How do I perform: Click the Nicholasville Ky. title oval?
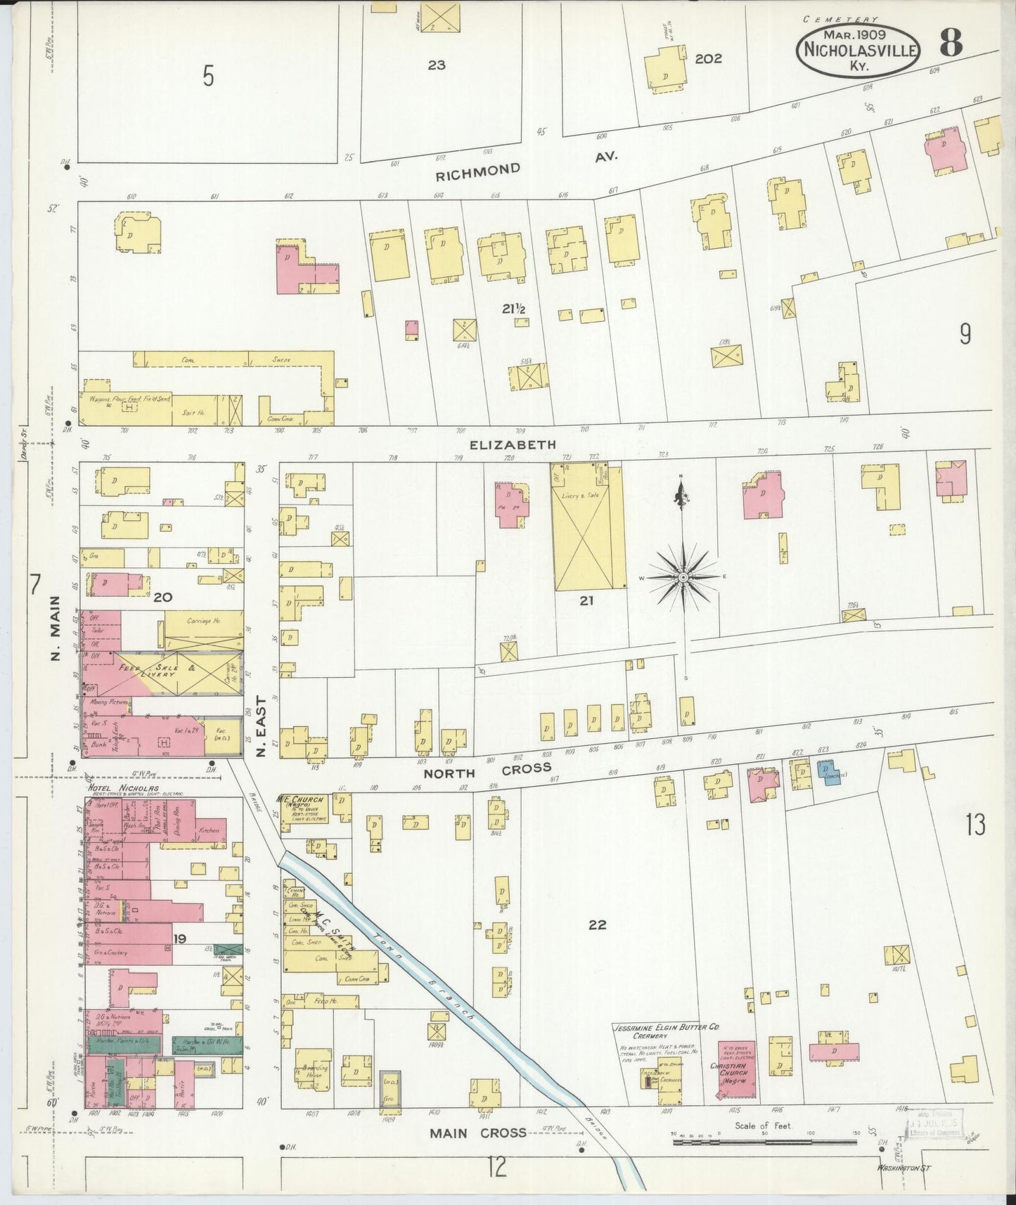point(857,49)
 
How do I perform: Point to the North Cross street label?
point(487,771)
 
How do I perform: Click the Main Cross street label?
point(477,1133)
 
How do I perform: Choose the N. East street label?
point(261,726)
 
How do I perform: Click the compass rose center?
point(682,577)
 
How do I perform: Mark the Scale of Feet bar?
point(764,1142)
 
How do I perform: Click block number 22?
point(597,925)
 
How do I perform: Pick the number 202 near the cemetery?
point(707,59)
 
